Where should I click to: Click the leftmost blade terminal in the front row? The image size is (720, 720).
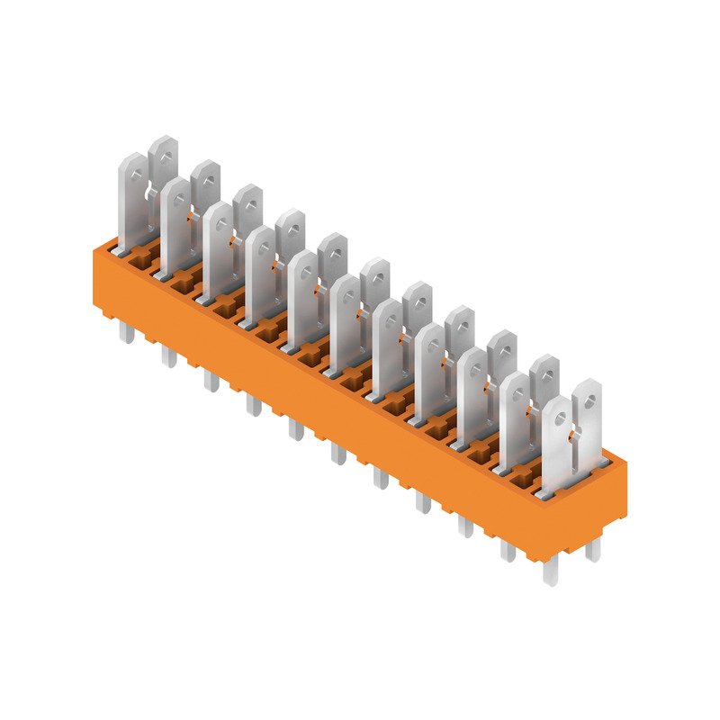[x=132, y=202]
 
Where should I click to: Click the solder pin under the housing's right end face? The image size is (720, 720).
[x=593, y=549]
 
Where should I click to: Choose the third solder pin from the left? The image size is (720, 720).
[x=211, y=381]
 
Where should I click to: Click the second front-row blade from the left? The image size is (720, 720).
[x=175, y=227]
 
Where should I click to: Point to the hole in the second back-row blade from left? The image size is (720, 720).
[x=206, y=173]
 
